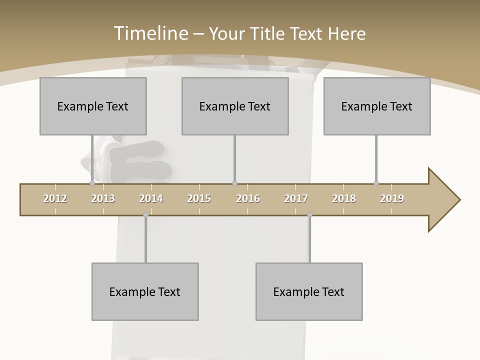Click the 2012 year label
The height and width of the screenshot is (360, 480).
55,198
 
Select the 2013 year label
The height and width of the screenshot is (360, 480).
103,198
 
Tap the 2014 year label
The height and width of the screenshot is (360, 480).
151,198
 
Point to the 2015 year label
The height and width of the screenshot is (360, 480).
199,198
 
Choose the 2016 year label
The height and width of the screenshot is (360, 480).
248,198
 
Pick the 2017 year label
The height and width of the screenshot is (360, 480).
296,198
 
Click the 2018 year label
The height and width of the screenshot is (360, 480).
344,198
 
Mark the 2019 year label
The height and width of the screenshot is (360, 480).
392,198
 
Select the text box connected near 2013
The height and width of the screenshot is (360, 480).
93,106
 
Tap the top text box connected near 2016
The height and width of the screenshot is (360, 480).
235,106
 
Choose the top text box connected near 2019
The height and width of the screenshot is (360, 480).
377,106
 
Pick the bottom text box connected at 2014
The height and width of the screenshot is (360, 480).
145,291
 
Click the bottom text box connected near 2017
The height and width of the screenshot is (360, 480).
309,291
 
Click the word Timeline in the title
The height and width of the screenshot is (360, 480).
150,33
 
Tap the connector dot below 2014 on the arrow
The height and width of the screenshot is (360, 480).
145,215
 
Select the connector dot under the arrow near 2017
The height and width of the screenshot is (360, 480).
309,215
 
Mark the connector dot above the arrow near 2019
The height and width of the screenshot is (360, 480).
376,183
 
